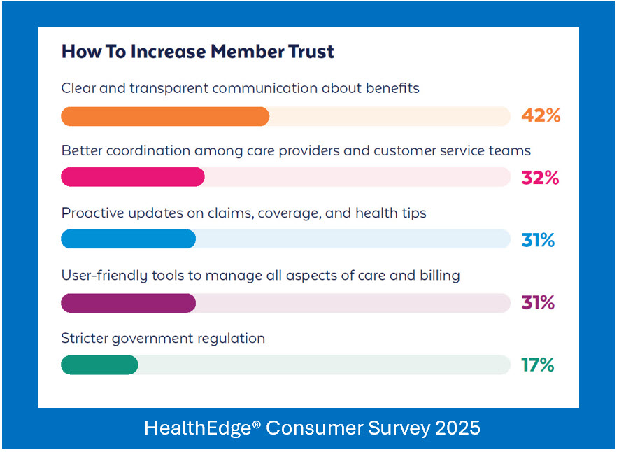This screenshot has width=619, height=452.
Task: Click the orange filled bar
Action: coord(165,116)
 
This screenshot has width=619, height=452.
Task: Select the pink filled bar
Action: coord(133,178)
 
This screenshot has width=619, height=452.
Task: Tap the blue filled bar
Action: coord(128,239)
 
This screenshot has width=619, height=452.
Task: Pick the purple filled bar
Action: coord(128,302)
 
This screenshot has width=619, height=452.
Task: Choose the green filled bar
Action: coord(99,365)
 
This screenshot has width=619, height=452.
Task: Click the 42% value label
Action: coord(541,116)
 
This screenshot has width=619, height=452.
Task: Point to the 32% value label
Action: coord(540,178)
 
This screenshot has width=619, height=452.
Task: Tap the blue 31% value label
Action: coord(538,240)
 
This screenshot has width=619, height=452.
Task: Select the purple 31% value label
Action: coord(538,303)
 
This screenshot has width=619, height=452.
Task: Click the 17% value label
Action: coord(537,365)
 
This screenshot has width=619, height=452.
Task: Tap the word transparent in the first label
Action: coord(159,88)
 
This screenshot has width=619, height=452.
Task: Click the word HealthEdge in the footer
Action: coord(198,428)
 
